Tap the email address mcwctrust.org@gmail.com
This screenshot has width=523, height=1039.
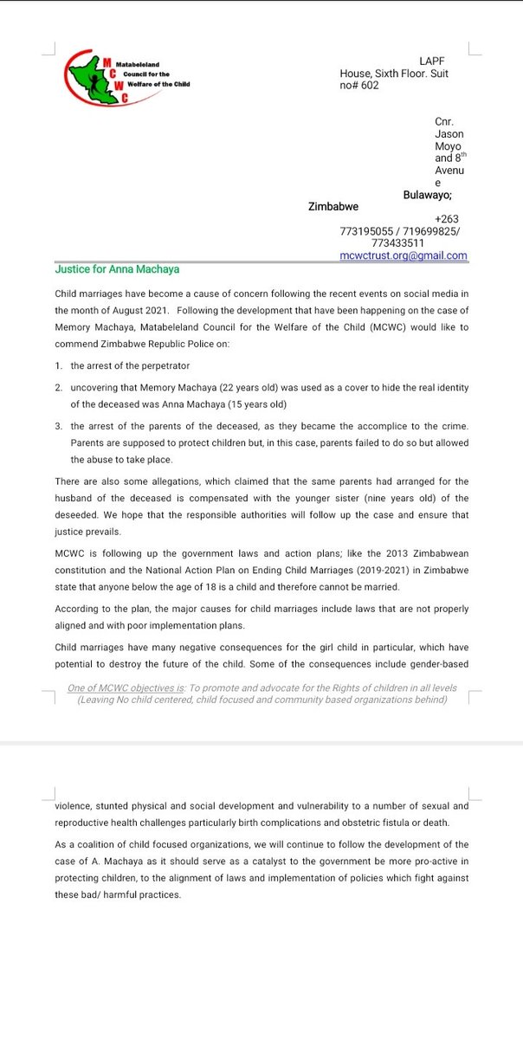coord(404,255)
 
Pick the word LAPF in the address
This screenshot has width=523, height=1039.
coord(431,61)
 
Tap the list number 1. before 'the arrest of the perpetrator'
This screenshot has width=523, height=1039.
coord(58,366)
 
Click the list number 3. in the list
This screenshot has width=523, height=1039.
coord(58,427)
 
